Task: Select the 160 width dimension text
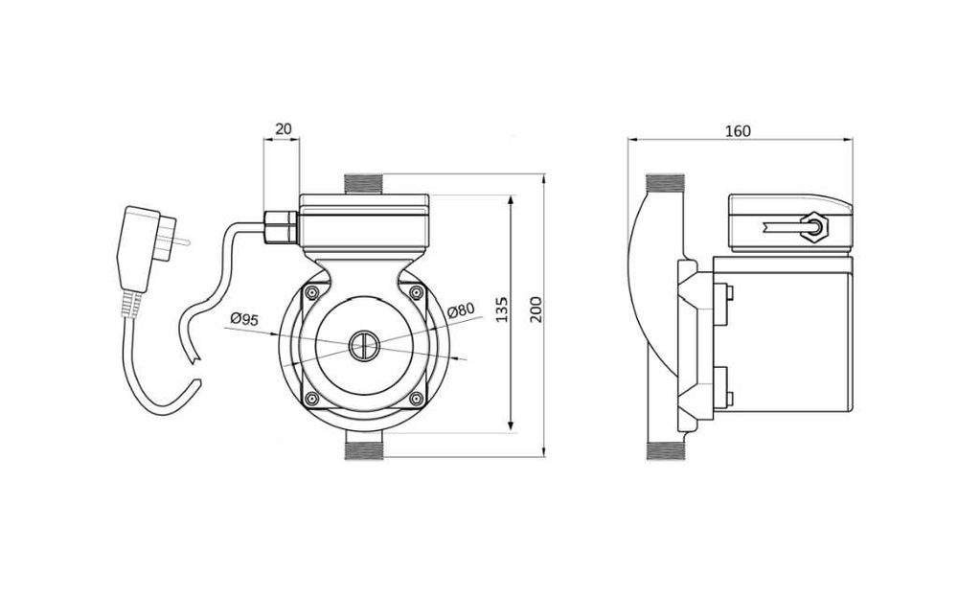738,129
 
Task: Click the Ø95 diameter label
244,320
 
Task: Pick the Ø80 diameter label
461,309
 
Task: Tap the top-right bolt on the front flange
414,292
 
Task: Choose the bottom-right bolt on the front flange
414,399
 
